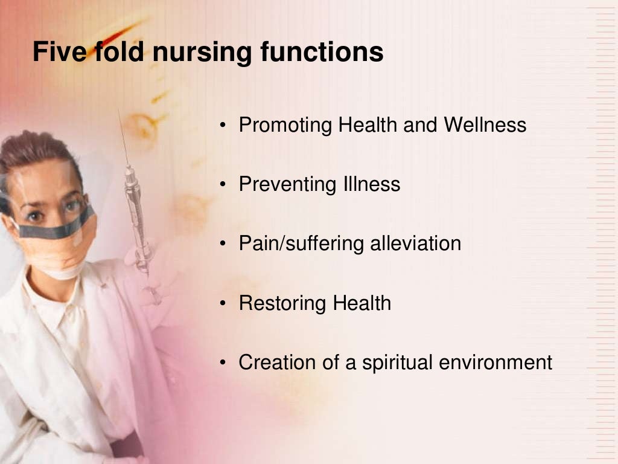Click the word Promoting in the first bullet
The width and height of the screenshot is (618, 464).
pyautogui.click(x=285, y=126)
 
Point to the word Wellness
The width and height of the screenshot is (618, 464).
pyautogui.click(x=485, y=125)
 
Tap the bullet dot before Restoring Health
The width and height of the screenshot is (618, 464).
pyautogui.click(x=223, y=303)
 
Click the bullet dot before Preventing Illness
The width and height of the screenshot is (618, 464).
pyautogui.click(x=223, y=185)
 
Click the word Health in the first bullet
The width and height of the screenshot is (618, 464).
pyautogui.click(x=368, y=125)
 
